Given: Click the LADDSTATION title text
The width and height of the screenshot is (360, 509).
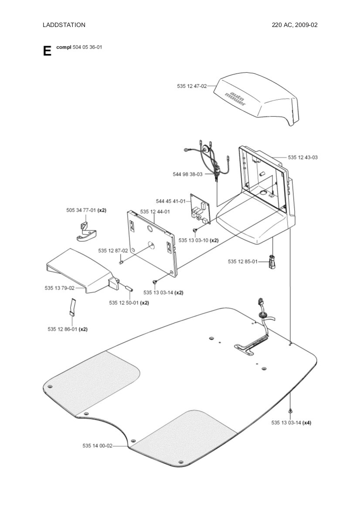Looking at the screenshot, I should click(64, 25).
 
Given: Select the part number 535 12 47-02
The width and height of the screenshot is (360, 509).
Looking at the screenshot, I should click(192, 86).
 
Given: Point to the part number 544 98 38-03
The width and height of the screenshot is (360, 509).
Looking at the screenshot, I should click(187, 174).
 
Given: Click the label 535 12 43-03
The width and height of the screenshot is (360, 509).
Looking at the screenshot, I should click(302, 157).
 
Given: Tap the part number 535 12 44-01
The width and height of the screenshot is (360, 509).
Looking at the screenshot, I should click(155, 212).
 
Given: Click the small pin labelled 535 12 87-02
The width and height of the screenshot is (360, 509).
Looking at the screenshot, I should click(122, 262).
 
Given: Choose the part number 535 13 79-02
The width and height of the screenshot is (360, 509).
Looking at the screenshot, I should click(59, 288).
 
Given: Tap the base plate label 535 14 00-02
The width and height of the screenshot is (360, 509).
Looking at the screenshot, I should click(97, 445).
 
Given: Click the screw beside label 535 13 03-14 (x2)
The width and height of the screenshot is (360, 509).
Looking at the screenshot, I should click(155, 282).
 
